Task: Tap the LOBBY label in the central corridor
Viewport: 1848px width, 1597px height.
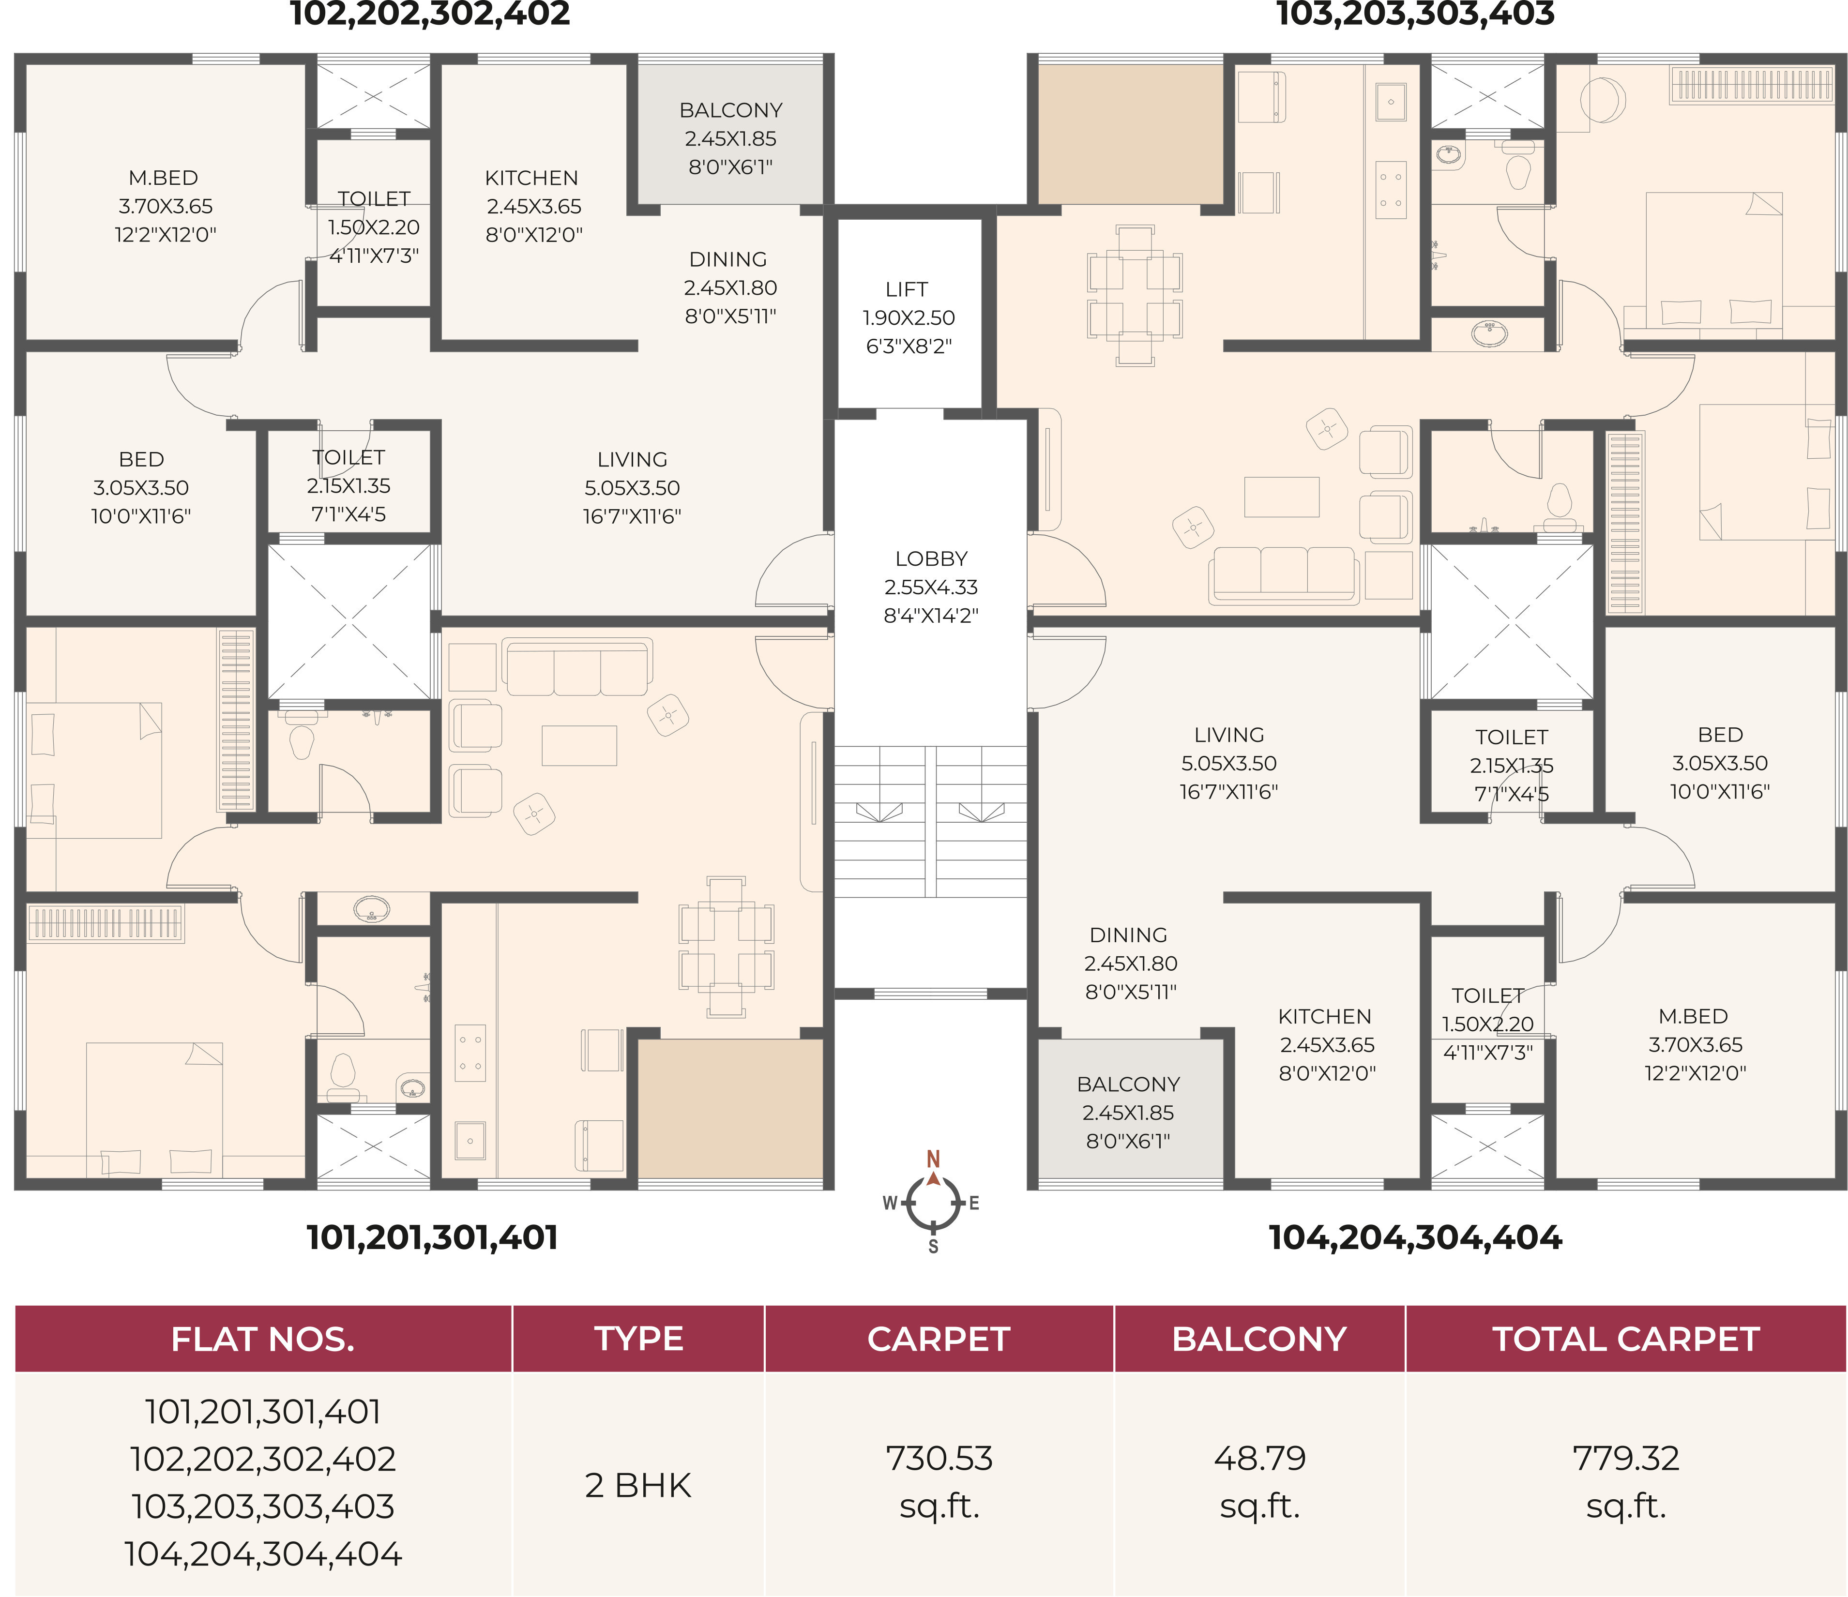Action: [931, 559]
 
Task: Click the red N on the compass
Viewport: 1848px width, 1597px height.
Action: [933, 1159]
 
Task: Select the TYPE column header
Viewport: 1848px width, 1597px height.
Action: [638, 1340]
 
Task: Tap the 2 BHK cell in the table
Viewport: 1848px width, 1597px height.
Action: [638, 1486]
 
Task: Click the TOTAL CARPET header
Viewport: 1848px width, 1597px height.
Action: [1626, 1340]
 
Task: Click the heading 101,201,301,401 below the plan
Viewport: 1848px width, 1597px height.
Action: [433, 1237]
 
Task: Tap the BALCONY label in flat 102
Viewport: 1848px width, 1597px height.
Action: [730, 110]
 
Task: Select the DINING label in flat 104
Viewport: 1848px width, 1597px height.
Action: [1128, 935]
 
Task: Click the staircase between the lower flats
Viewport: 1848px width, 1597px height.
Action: [930, 822]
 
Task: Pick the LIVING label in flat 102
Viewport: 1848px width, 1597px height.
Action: [632, 460]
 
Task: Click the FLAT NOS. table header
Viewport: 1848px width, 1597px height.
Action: [263, 1340]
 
